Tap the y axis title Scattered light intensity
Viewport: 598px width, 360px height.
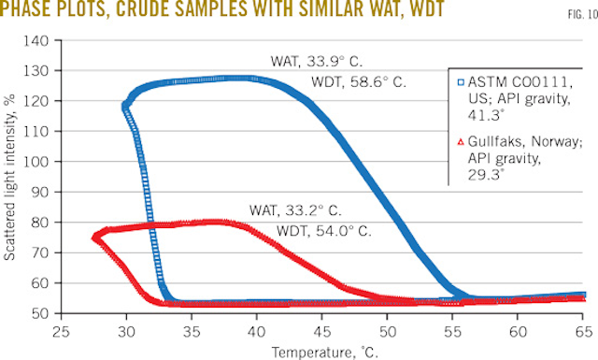(x=14, y=178)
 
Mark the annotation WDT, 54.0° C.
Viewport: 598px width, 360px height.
(x=318, y=230)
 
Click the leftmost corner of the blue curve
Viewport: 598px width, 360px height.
(x=125, y=107)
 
